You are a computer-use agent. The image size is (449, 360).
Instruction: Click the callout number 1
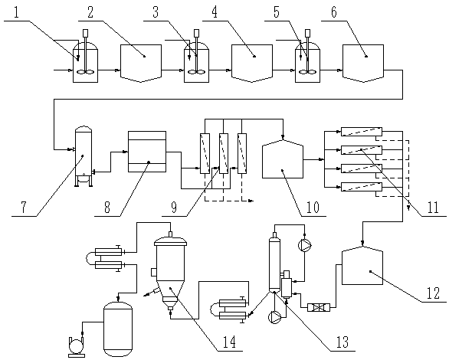coord(16,13)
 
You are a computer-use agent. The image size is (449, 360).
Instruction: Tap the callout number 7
coord(24,207)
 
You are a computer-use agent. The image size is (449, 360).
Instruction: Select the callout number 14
coord(229,342)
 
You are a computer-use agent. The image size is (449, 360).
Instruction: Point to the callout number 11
coord(432,207)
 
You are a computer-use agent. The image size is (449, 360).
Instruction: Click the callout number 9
coord(174,207)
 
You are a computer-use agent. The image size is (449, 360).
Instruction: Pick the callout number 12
coord(433,293)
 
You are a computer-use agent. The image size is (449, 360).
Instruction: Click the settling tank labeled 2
coord(140,64)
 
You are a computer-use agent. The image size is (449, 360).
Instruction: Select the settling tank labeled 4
coord(252,64)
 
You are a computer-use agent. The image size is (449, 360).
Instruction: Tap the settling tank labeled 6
coord(363,64)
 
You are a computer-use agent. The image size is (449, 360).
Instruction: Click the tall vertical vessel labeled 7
coord(84,156)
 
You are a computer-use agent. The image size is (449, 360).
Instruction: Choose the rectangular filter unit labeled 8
coord(147,152)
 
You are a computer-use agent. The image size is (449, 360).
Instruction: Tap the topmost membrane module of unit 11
coord(362,132)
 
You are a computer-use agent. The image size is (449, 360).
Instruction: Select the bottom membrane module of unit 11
coord(362,187)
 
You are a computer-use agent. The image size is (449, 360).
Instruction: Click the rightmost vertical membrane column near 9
coord(242,153)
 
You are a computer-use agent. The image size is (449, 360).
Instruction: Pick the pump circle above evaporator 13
coord(305,245)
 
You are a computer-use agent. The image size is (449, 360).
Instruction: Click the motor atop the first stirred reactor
coord(85,33)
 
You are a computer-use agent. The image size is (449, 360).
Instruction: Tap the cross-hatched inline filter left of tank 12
coord(319,308)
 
